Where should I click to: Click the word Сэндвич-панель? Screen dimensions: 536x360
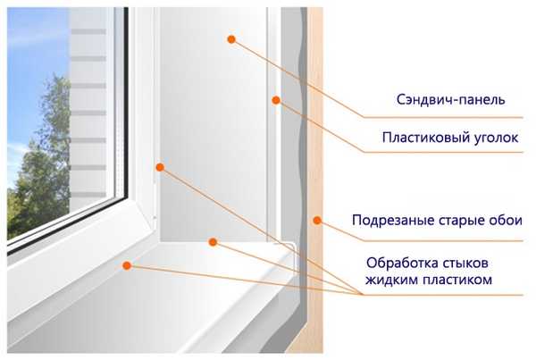coord(450,100)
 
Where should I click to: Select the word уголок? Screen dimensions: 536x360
coord(496,138)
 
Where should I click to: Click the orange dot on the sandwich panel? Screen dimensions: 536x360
coord(231,39)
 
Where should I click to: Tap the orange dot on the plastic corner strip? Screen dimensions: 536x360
coord(276,100)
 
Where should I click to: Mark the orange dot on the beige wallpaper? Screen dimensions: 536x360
coord(317,221)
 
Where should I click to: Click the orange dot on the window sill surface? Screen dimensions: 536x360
coord(127,265)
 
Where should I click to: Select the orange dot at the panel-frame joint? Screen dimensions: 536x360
coord(160,168)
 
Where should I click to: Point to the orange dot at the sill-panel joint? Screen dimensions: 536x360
coord(213,242)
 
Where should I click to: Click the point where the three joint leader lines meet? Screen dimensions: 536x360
coord(361,295)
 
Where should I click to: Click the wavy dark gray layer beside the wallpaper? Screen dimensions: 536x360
coord(303,171)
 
